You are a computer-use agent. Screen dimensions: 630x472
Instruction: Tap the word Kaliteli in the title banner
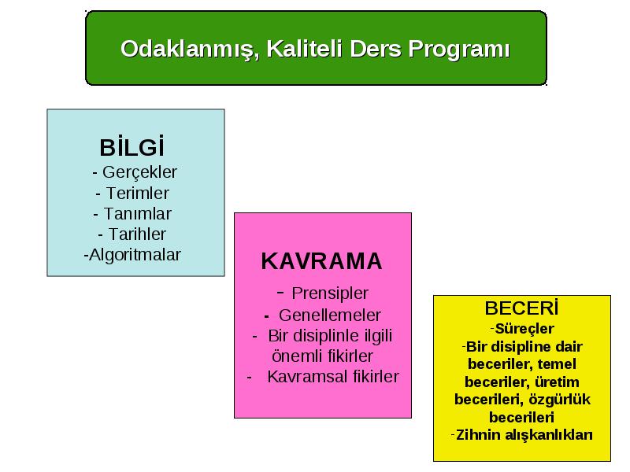[304, 49]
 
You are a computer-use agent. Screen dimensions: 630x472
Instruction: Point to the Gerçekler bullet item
[139, 172]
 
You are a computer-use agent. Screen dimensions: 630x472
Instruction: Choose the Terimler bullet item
[137, 194]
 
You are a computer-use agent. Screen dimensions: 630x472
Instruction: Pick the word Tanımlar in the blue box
[137, 214]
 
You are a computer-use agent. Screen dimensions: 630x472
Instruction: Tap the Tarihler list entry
[137, 234]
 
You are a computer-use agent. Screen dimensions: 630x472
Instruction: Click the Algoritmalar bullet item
[135, 255]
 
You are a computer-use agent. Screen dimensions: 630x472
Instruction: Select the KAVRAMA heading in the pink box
[321, 261]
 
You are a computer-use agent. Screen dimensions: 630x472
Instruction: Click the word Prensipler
[330, 293]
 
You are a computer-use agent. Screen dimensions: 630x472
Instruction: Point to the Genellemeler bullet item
[329, 315]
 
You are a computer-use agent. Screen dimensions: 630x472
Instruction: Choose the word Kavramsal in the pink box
[308, 377]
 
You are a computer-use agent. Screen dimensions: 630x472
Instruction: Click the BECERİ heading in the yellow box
[521, 308]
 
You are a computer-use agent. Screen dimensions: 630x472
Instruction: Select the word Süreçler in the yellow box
[524, 329]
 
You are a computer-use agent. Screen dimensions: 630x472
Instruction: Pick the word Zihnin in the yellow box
[476, 435]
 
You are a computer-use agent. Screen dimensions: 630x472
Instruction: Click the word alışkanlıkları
[547, 435]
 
